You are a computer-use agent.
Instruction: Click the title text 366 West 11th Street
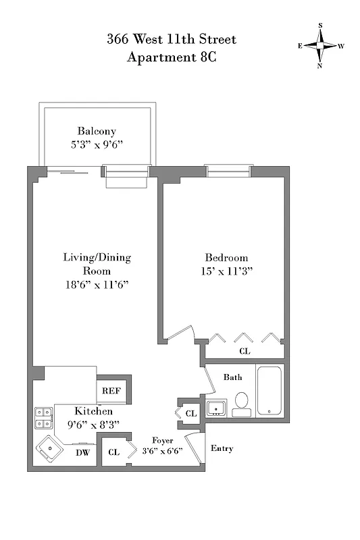point(172,40)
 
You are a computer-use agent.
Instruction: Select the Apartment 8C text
point(172,57)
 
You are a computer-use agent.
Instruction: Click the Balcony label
point(97,131)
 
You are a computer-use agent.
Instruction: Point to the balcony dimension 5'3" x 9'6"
point(97,144)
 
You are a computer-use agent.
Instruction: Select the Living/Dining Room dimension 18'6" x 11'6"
point(97,285)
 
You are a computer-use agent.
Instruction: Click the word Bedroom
point(226,258)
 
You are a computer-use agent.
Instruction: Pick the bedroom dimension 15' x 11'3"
point(226,271)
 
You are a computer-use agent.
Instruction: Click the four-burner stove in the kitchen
point(43,418)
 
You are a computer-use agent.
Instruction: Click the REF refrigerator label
point(111,391)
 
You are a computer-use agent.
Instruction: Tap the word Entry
point(222,448)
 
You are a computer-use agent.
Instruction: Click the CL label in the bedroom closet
point(244,351)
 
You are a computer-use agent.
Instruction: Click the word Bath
point(233,377)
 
